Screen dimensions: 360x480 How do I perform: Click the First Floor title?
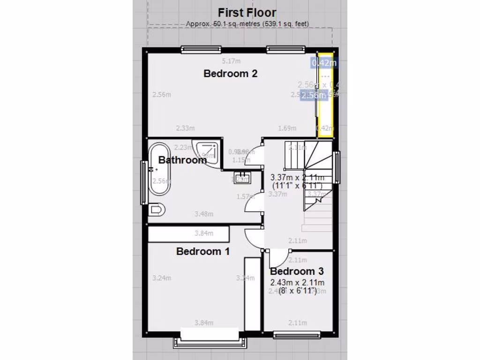(247, 13)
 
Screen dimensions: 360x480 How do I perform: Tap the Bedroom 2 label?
(231, 74)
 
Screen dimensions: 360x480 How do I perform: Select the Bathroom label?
(182, 160)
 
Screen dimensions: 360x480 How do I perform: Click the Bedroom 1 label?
(202, 251)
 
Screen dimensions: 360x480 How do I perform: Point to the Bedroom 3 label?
(297, 271)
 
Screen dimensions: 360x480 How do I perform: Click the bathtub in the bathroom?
(159, 170)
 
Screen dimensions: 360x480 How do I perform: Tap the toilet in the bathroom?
(156, 210)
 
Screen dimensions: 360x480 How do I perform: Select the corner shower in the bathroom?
(209, 151)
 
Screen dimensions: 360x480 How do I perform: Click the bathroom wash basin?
(243, 177)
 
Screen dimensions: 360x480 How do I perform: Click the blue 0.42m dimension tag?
(324, 63)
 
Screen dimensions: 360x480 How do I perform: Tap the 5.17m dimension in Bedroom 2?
(231, 61)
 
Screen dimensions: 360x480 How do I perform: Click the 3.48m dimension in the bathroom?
(204, 214)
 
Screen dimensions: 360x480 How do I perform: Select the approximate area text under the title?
(247, 23)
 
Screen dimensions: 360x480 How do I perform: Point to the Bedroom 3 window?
(297, 335)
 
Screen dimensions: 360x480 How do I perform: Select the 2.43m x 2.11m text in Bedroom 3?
(298, 282)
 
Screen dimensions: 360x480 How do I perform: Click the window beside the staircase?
(337, 167)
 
